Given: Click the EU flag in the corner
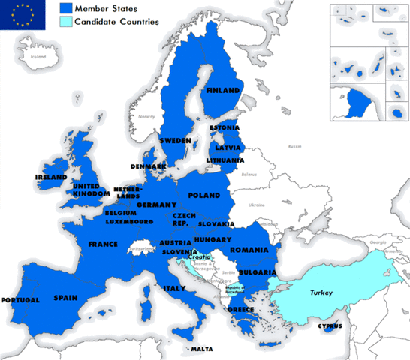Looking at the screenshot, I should tap(23, 14).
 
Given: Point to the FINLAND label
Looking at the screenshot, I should tap(223, 91).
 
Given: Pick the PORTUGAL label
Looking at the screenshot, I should tap(20, 300).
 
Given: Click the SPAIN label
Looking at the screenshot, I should tap(66, 298).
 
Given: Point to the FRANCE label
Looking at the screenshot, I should tap(103, 244).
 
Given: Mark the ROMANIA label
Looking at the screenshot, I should tap(249, 249).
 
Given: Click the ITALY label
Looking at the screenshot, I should tap(174, 288).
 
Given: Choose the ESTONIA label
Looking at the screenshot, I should tap(225, 127).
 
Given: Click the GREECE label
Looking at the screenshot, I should tap(241, 308).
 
